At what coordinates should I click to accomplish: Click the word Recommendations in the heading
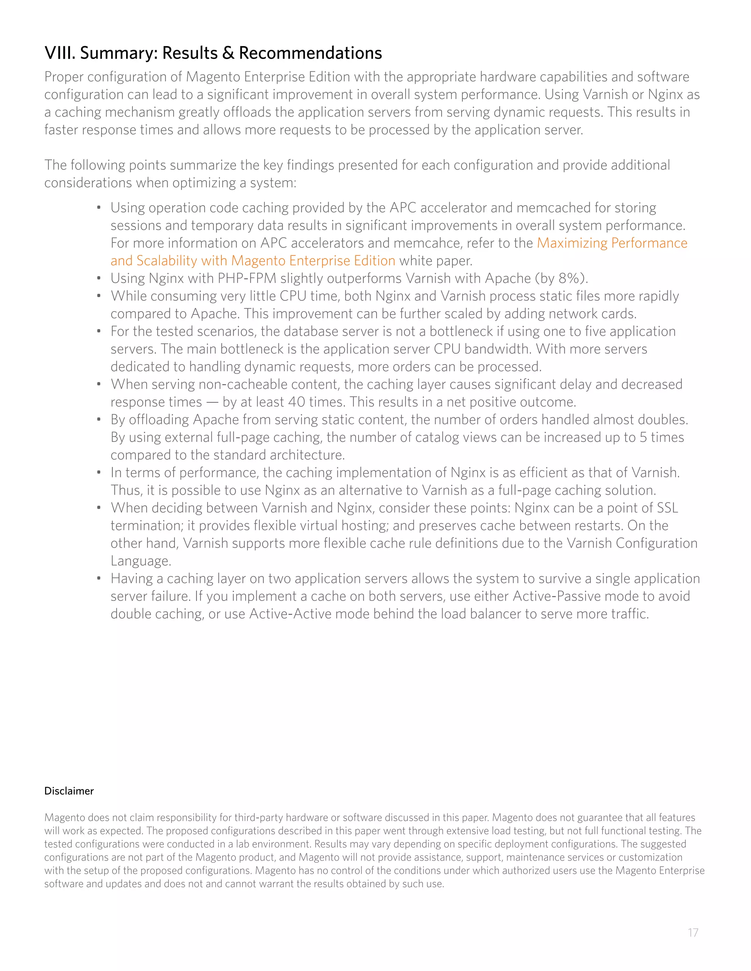pyautogui.click(x=310, y=53)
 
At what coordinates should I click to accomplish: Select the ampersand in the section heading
pyautogui.click(x=228, y=53)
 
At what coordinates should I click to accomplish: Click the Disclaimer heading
pyautogui.click(x=69, y=791)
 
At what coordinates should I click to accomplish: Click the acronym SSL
pyautogui.click(x=667, y=508)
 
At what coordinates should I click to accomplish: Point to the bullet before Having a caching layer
pyautogui.click(x=99, y=579)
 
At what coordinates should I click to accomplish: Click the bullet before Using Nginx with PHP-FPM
pyautogui.click(x=99, y=278)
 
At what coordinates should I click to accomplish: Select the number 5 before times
pyautogui.click(x=643, y=437)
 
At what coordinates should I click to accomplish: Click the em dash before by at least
pyautogui.click(x=212, y=402)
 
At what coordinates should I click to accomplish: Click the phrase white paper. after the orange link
pyautogui.click(x=436, y=261)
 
